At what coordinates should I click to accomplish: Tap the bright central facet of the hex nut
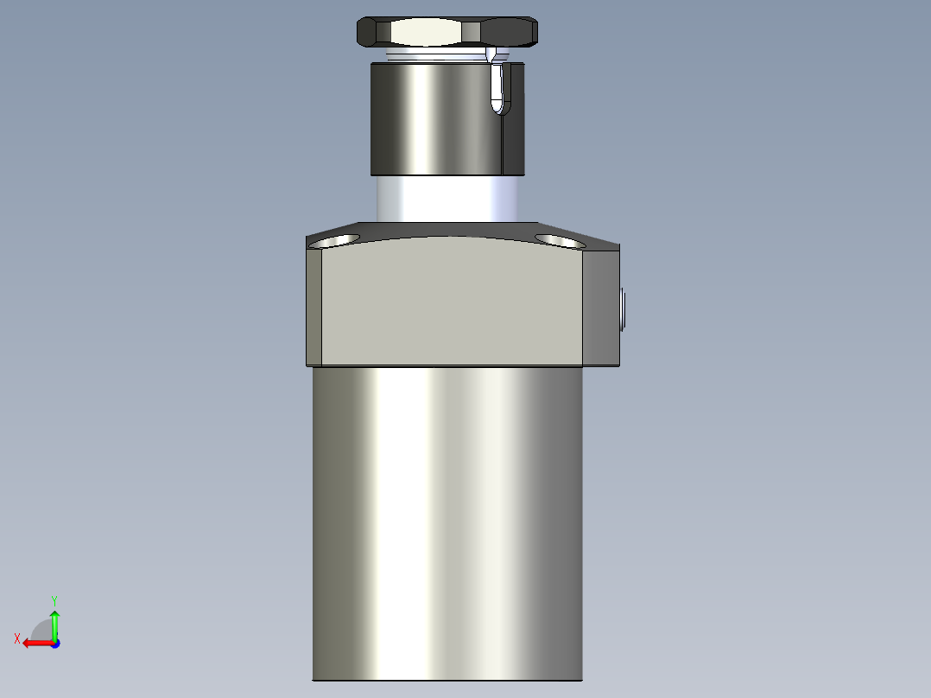point(425,33)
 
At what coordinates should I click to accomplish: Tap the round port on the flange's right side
point(623,310)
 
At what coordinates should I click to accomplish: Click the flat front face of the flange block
point(453,302)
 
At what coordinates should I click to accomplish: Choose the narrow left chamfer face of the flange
point(314,307)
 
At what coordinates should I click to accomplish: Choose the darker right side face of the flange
point(601,307)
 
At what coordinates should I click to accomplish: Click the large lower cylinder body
point(447,518)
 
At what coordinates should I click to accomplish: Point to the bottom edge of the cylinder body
point(447,681)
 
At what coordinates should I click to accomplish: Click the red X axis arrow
point(35,643)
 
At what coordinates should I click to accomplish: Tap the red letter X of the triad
point(17,638)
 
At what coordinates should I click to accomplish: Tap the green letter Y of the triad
point(54,600)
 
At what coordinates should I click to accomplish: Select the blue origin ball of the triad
point(55,643)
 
